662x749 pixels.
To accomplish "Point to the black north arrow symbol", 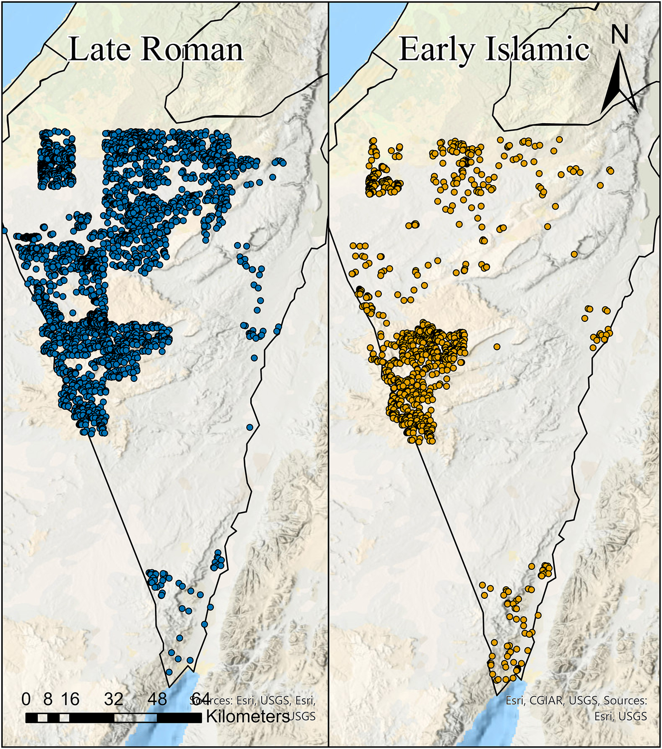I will [x=619, y=82].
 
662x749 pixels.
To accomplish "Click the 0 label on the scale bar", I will [x=26, y=699].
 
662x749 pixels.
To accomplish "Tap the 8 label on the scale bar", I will [x=47, y=699].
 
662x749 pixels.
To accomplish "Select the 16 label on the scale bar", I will [x=70, y=699].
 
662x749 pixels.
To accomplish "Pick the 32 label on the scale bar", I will [x=114, y=699].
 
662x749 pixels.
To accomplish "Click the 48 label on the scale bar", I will [x=157, y=699].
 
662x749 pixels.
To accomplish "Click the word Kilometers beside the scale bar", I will [x=247, y=717].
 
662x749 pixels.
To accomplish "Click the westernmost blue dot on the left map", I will [x=4, y=231].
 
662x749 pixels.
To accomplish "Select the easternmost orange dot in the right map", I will [x=610, y=171].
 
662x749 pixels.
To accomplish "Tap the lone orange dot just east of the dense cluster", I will [x=496, y=347].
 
